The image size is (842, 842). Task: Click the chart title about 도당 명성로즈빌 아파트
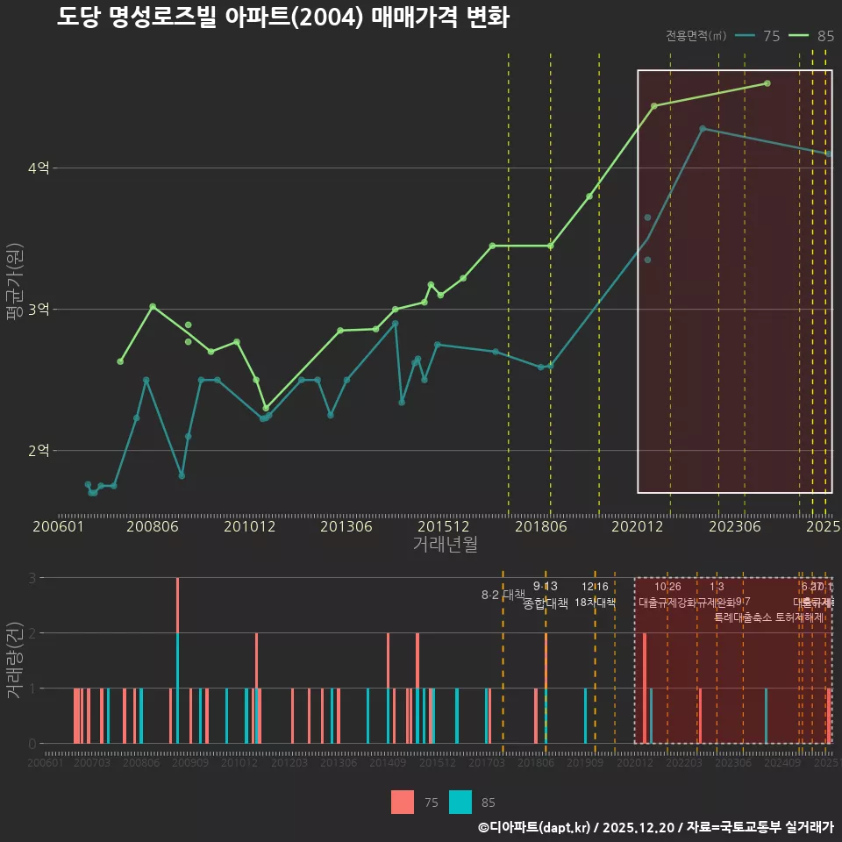click(x=282, y=18)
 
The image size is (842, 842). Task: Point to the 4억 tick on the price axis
click(x=39, y=168)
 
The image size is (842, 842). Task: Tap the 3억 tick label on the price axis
click(x=39, y=310)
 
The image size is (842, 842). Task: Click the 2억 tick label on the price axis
click(x=39, y=451)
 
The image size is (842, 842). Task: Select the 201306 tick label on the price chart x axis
click(x=346, y=527)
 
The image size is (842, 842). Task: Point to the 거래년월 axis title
click(x=445, y=544)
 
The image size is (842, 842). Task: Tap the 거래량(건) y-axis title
click(x=14, y=660)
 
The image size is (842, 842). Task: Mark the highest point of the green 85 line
click(x=767, y=83)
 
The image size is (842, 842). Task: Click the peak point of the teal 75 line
click(x=703, y=129)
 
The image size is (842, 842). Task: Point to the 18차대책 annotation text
click(x=596, y=603)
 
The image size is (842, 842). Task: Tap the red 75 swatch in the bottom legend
click(x=403, y=802)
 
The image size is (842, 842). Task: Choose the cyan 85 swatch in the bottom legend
click(x=460, y=802)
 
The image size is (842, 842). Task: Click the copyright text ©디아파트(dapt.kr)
click(x=536, y=827)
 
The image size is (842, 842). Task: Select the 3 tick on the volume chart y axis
click(x=32, y=578)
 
